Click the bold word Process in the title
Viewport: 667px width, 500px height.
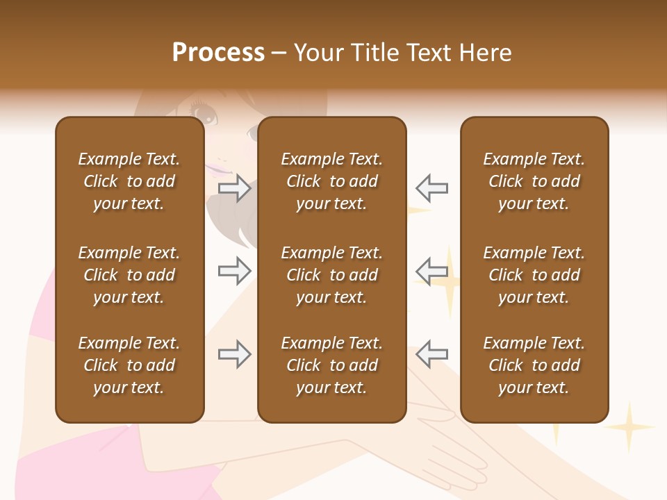tap(218, 53)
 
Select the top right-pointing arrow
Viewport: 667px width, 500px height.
tap(234, 187)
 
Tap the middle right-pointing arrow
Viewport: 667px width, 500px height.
tap(234, 272)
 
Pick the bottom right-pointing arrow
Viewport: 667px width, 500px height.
tap(234, 354)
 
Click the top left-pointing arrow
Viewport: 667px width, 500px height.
tap(431, 187)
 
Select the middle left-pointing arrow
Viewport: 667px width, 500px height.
tap(431, 270)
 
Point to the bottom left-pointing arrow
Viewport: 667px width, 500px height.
tap(431, 354)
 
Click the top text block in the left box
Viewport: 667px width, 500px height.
tap(129, 181)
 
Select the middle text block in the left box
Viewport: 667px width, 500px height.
tap(129, 275)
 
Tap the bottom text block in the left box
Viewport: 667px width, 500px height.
tap(129, 365)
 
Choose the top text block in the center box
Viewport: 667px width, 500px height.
tap(331, 181)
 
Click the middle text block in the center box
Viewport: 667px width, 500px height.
tap(331, 275)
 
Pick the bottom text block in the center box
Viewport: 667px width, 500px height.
tap(331, 365)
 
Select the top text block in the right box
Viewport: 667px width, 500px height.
tap(534, 181)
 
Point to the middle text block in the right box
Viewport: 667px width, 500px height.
tap(534, 275)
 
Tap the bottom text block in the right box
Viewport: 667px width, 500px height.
tap(534, 365)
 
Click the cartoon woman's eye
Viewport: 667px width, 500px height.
tap(204, 112)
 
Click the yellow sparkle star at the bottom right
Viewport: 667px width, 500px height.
tap(629, 427)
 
